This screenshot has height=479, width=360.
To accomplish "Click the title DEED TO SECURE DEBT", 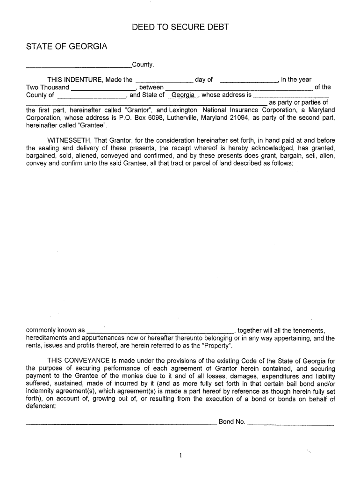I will (180, 27).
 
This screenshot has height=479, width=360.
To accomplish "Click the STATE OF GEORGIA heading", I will (66, 47).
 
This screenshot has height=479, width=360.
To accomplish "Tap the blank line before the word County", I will (79, 65).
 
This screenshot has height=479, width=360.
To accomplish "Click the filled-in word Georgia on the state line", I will (183, 95).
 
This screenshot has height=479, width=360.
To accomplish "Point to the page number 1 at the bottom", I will (180, 456).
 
